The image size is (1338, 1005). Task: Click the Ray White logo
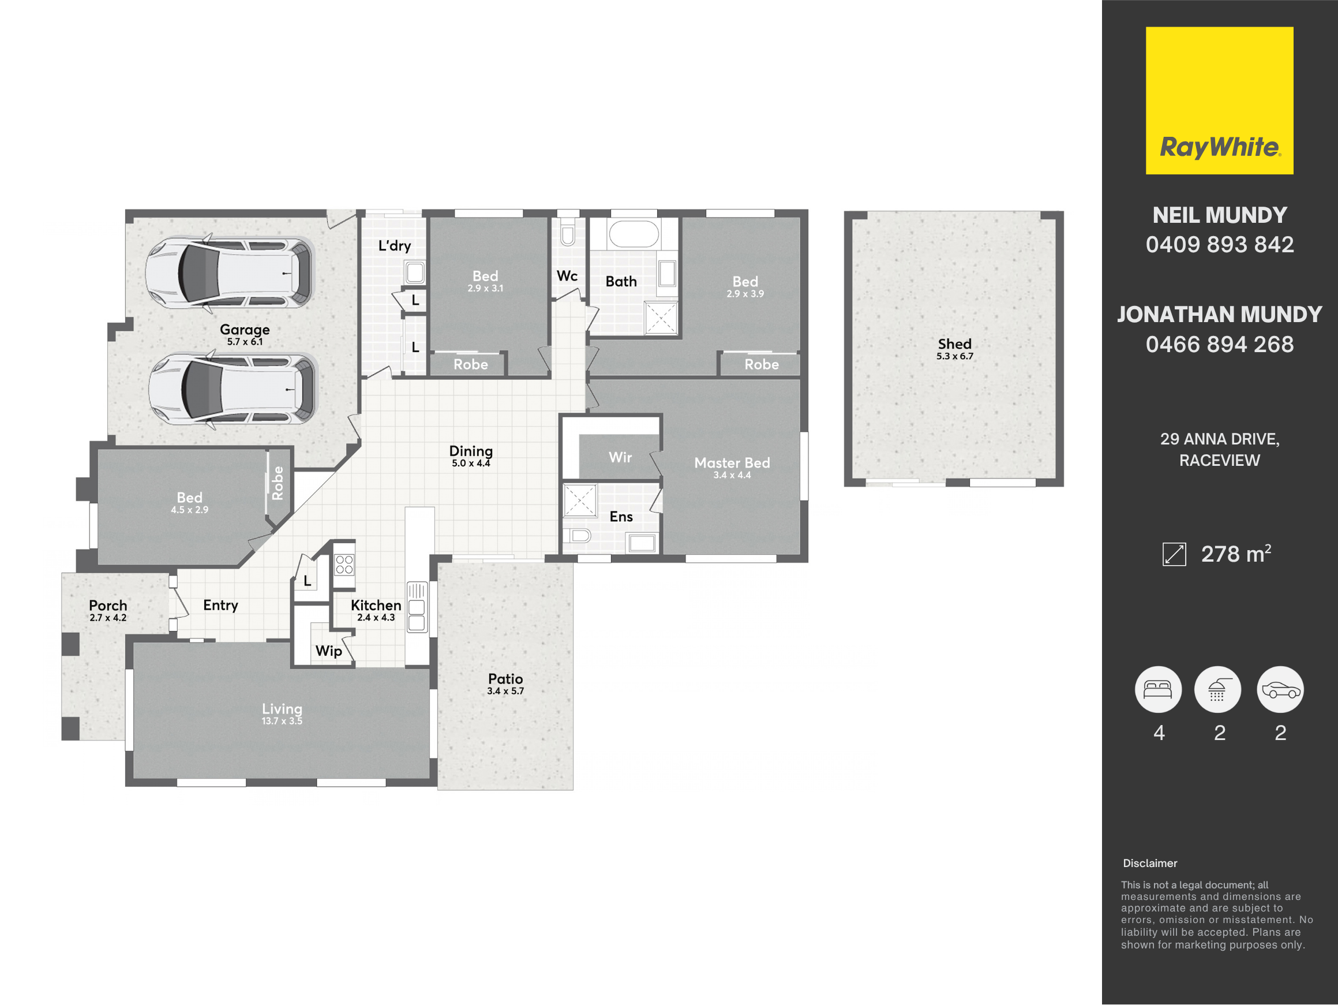(1220, 100)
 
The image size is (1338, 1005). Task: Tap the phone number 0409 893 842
(1220, 244)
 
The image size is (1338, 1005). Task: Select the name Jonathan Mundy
(1220, 315)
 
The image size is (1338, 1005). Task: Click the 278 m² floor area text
(1236, 554)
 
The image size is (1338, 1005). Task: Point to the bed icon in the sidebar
(1159, 689)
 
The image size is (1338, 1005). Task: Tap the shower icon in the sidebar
(1217, 689)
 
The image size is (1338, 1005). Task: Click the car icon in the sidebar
(1280, 689)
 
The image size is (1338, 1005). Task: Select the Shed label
(954, 343)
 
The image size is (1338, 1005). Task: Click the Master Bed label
(732, 463)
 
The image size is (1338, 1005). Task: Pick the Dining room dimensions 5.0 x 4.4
(471, 464)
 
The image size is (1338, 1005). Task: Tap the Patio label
(505, 679)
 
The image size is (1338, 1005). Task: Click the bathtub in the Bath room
(634, 234)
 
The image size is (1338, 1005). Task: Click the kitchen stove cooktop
(344, 565)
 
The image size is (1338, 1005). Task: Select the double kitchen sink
(417, 607)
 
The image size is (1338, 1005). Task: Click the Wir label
(620, 457)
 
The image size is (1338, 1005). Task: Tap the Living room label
(282, 708)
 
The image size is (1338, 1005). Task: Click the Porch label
(108, 606)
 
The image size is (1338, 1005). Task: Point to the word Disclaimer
(1150, 864)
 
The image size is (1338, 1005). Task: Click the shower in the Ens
(580, 500)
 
